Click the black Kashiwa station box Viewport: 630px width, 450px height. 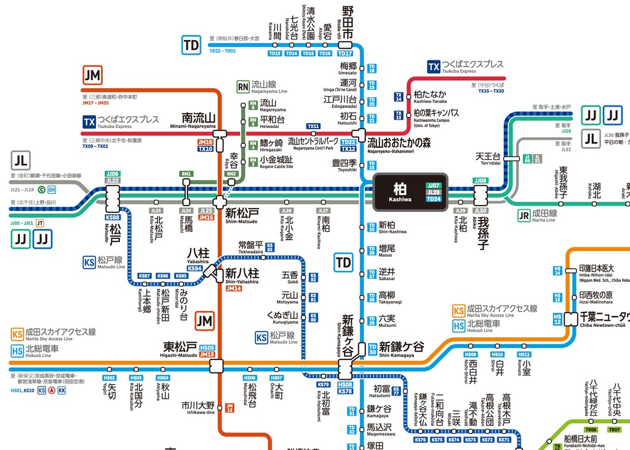[x=409, y=192]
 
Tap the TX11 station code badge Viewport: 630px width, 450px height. [x=314, y=126]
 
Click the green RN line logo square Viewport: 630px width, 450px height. [x=243, y=87]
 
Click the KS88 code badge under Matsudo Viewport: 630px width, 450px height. [x=113, y=217]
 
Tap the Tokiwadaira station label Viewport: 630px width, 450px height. [x=251, y=247]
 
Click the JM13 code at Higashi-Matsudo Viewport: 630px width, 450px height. [x=207, y=355]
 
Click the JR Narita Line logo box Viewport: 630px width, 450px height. [x=524, y=215]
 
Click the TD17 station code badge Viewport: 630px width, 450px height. [x=346, y=54]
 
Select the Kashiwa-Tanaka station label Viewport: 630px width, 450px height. [x=431, y=96]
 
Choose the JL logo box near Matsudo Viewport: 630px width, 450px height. [x=20, y=161]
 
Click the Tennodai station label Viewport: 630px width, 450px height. [x=488, y=159]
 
